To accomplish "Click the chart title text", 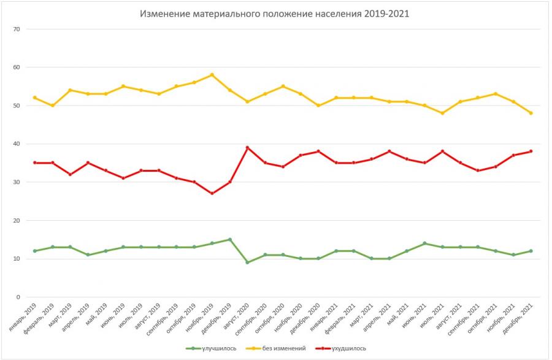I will pos(275,13).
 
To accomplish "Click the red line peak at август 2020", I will pos(247,148).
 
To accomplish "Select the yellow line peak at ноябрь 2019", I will pos(212,75).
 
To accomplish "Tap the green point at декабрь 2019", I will pos(229,239).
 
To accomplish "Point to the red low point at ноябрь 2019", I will pos(212,193).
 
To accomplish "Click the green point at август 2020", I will pos(247,262).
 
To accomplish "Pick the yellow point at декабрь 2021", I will pos(531,113).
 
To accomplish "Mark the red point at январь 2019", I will pos(34,163).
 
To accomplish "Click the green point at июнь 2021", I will pos(424,243).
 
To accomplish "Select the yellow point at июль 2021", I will pos(442,113).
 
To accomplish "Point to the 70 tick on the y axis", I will pos(17,29).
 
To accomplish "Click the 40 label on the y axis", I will pos(17,144).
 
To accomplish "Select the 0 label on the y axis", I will pos(18,297).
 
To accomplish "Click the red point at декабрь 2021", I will pos(531,151).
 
